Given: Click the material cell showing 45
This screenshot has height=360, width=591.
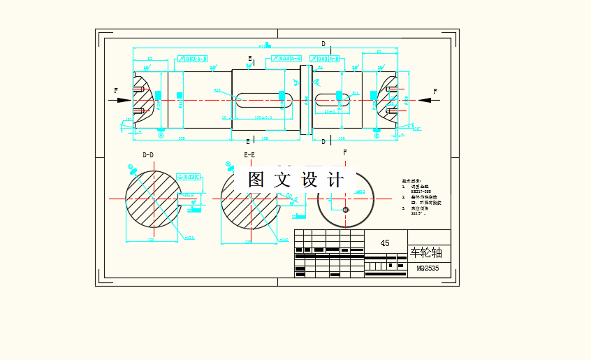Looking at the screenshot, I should (385, 243).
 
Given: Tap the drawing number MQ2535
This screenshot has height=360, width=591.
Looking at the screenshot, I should (428, 268).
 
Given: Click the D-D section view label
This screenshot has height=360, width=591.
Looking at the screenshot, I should (148, 154).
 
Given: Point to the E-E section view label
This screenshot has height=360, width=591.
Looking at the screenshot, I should (249, 154).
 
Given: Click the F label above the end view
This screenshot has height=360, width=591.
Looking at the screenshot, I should (345, 152).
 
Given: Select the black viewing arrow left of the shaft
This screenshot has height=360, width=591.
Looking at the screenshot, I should (123, 100).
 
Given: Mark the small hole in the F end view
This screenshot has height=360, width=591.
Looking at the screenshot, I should (345, 209).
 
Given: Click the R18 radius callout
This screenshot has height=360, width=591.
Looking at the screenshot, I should (217, 90).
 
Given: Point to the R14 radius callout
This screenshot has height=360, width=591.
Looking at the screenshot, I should (356, 93).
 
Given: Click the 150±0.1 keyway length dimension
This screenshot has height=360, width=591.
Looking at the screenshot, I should (263, 117).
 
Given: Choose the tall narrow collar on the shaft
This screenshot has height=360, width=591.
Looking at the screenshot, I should (305, 99).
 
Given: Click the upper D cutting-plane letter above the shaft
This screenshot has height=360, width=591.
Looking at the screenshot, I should (323, 44).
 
